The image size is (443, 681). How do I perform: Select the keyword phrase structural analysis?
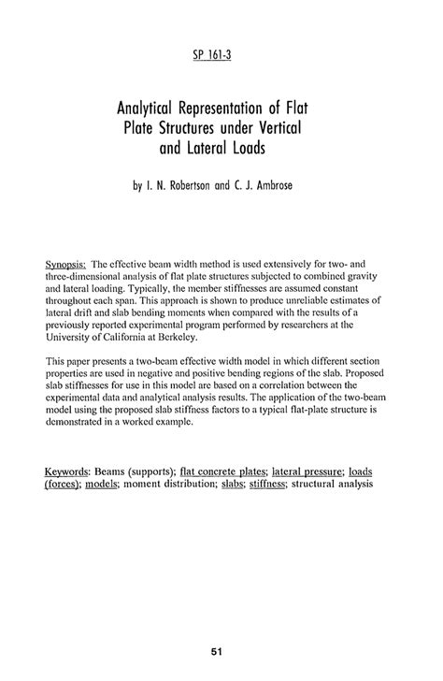[x=335, y=485]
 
